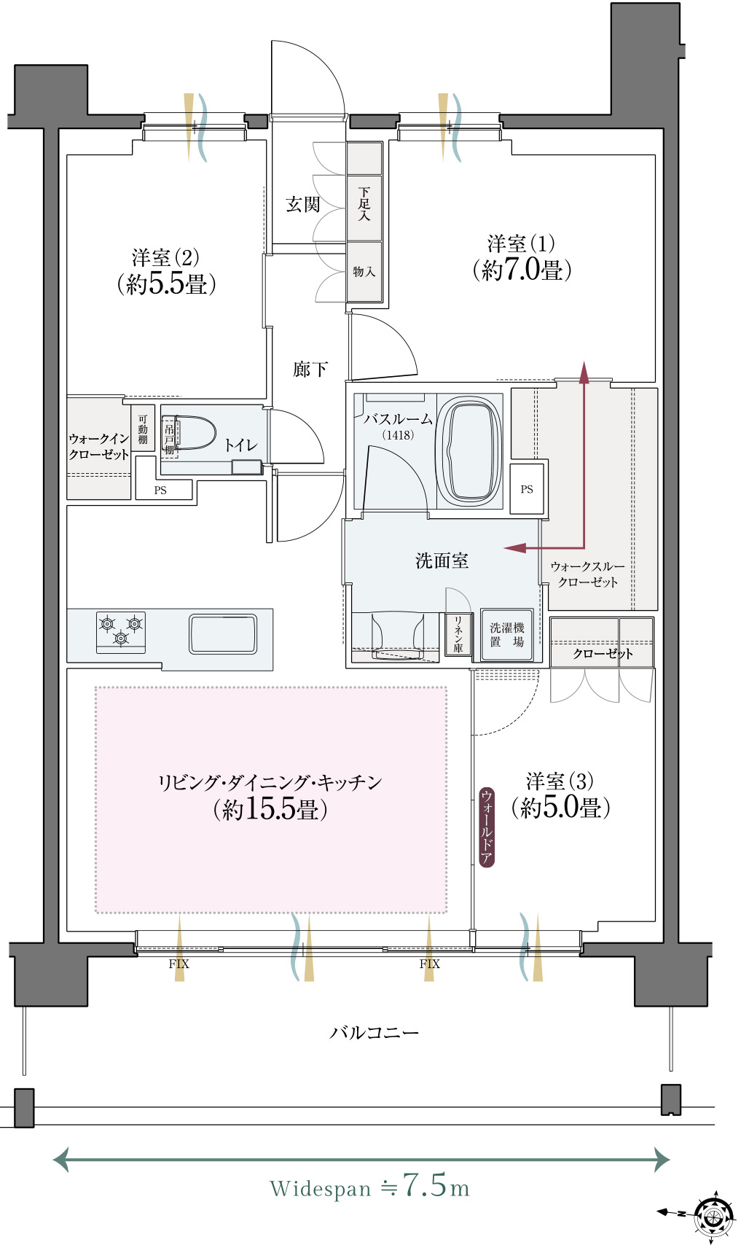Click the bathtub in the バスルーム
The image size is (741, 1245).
[x=469, y=451]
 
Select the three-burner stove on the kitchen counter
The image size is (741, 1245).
[x=120, y=632]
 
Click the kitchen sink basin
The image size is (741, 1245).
[x=223, y=634]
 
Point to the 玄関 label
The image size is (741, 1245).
[x=302, y=205]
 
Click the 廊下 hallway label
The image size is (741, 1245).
[x=310, y=369]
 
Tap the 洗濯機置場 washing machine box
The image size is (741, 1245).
[x=506, y=635]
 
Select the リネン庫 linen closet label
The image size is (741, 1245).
[x=458, y=633]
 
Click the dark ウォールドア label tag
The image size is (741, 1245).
[x=487, y=827]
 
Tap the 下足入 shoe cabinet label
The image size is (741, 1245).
[x=364, y=204]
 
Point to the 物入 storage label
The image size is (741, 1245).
[x=364, y=272]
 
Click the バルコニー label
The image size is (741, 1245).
[x=375, y=1033]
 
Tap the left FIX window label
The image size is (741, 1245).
[x=179, y=964]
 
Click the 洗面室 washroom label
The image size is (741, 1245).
[x=442, y=561]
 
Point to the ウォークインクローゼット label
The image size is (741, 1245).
[x=99, y=446]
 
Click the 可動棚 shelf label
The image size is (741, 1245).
[x=143, y=429]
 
